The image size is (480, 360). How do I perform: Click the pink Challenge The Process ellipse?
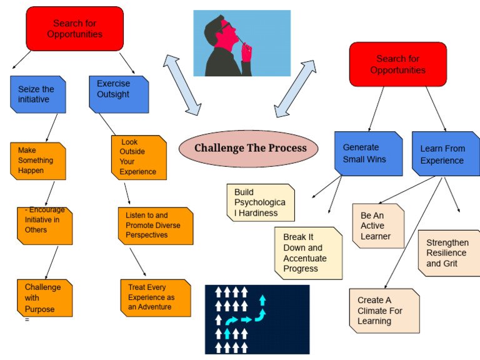pyautogui.click(x=250, y=148)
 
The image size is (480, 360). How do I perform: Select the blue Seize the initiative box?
pyautogui.click(x=37, y=94)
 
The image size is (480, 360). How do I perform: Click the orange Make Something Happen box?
pyautogui.click(x=37, y=161)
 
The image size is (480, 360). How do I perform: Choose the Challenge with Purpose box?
pyautogui.click(x=44, y=297)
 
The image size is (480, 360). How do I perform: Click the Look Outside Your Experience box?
pyautogui.click(x=139, y=157)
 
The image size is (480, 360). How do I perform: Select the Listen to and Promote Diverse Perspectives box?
pyautogui.click(x=156, y=225)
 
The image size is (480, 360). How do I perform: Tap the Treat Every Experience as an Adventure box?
pyautogui.click(x=155, y=297)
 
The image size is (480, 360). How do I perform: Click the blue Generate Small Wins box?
pyautogui.click(x=368, y=153)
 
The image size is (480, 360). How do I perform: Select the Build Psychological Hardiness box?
pyautogui.click(x=260, y=202)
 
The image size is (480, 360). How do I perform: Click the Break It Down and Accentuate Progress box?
pyautogui.click(x=308, y=252)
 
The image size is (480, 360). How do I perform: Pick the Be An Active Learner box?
pyautogui.click(x=378, y=226)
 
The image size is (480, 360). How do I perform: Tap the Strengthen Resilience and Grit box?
pyautogui.click(x=449, y=252)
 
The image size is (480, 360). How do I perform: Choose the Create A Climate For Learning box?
pyautogui.click(x=384, y=311)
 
